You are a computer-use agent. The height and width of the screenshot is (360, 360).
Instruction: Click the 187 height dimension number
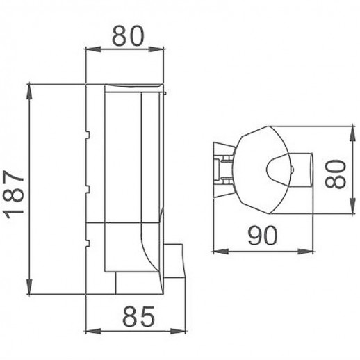coord(15,190)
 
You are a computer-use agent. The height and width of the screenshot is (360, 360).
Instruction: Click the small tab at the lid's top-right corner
coord(165,90)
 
